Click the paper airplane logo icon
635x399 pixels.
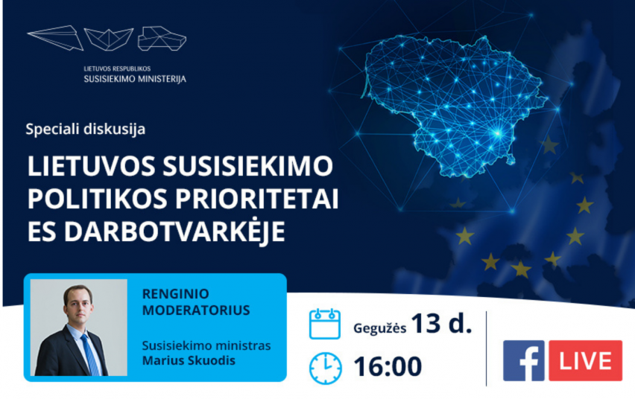coord(55,38)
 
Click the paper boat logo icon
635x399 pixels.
coord(109,39)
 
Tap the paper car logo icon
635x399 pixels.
coord(162,39)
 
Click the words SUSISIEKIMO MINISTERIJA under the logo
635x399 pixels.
coord(135,79)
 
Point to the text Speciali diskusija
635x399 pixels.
coord(86,129)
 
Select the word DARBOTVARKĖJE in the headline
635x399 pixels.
coord(174,231)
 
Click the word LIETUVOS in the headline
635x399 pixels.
coord(92,166)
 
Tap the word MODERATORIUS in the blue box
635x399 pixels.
coord(196,310)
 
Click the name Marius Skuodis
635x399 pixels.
coord(189,360)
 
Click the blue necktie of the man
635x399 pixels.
coord(90,354)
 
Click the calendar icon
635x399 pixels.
coord(325,324)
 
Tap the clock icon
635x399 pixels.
coord(325,368)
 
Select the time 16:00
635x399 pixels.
coord(388,367)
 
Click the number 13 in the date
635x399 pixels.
coord(426,323)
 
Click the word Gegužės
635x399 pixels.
coord(380,328)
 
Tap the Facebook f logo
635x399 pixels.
coord(524,360)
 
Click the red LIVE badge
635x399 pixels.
coord(585,360)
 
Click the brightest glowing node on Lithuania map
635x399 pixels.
coord(498,133)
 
